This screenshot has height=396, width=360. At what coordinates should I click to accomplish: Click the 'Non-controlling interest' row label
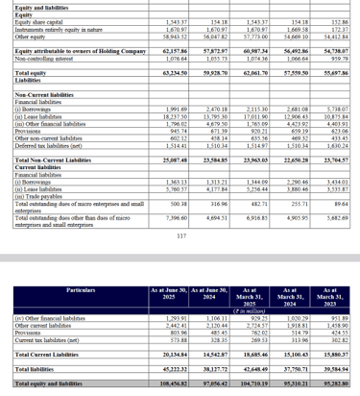point(35,55)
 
